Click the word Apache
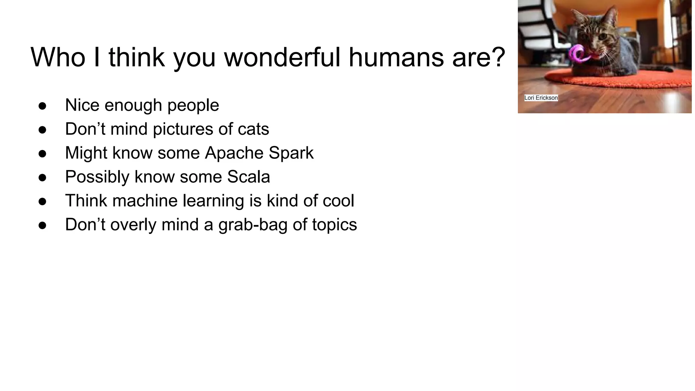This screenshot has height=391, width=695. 234,153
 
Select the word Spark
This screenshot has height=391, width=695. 291,153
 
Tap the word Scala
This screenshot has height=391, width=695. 248,177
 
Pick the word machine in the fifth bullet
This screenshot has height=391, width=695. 145,201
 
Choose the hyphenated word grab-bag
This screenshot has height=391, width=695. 252,225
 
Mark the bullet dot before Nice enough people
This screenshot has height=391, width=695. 42,106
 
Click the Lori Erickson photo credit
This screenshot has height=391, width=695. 541,98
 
